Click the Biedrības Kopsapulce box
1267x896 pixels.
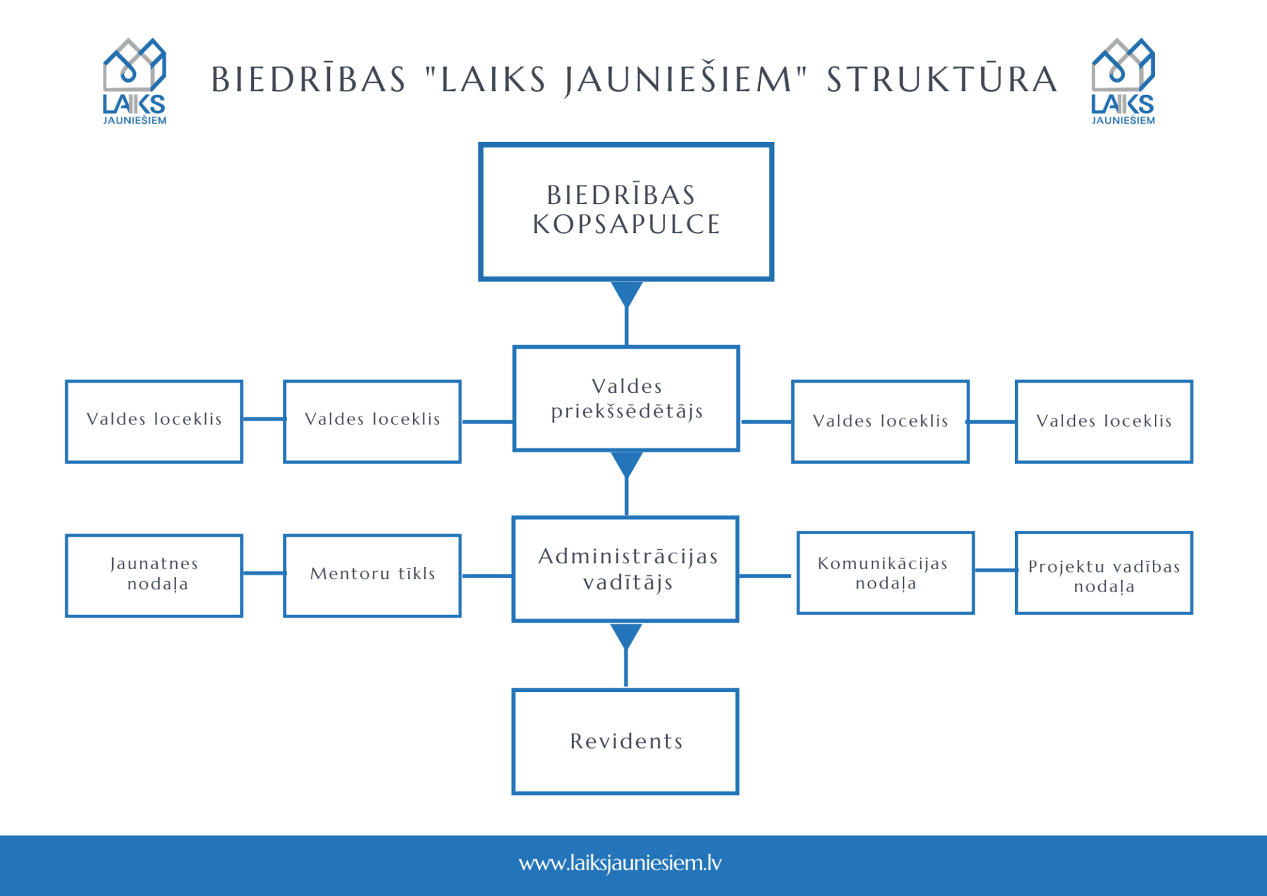626,211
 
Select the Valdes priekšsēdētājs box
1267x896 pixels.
626,398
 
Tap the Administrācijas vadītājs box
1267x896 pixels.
626,569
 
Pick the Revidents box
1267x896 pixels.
626,741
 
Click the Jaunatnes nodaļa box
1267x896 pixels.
154,575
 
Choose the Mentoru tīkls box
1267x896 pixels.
372,575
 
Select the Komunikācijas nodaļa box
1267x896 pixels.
885,572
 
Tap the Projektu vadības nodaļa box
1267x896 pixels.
1103,572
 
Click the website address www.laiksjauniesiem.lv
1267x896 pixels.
620,863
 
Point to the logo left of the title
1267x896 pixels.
135,81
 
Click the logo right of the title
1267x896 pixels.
1122,81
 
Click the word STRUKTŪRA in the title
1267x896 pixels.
942,80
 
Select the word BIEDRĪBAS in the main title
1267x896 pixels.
308,80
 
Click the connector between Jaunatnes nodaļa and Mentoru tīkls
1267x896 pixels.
263,573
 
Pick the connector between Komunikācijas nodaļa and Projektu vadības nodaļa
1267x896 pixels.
994,570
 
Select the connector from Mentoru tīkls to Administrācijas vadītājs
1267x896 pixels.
487,576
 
